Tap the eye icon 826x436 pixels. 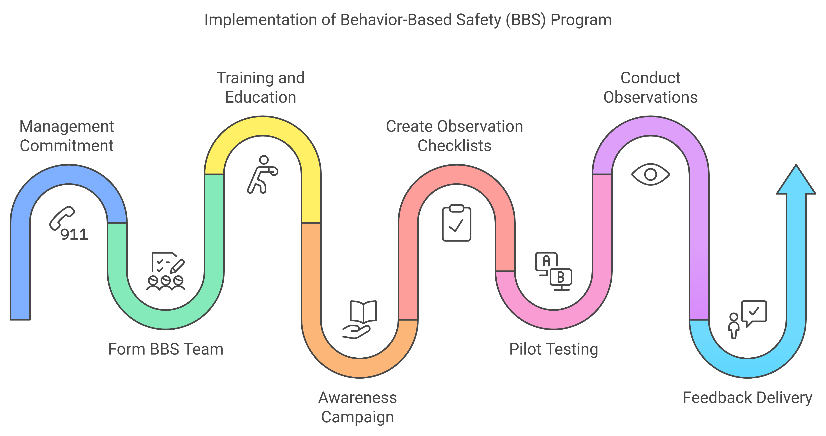(650, 175)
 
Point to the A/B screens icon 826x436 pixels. (553, 271)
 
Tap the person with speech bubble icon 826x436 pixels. (747, 319)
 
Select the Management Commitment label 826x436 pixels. (67, 136)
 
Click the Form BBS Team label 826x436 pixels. (166, 349)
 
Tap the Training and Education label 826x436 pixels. (261, 87)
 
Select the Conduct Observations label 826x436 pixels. (650, 87)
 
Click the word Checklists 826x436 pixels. (454, 146)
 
